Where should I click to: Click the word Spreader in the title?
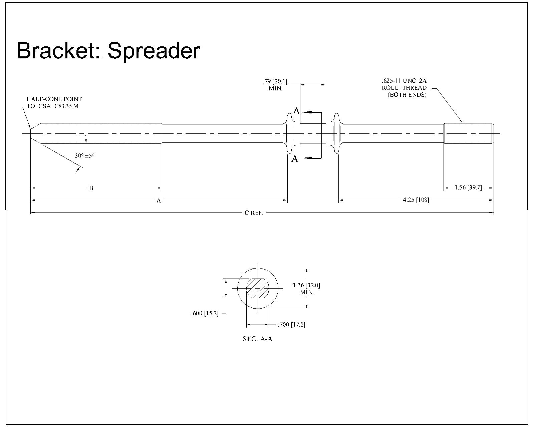point(154,51)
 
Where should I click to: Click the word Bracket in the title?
point(58,51)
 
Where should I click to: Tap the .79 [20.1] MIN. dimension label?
point(275,85)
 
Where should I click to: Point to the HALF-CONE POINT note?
point(54,99)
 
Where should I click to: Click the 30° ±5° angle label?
point(84,155)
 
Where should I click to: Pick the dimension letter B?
point(91,188)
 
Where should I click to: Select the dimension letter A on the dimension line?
point(159,200)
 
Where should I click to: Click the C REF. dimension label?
point(254,212)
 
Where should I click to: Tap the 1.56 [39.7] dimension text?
point(468,188)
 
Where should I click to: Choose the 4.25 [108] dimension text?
point(416,200)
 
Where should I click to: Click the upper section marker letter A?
point(296,111)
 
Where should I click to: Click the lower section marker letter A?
point(295,159)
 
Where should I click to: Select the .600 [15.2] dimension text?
point(205,314)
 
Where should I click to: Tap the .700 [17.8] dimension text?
point(291,325)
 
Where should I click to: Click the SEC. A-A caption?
point(257,339)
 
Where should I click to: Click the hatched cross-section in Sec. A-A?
point(258,288)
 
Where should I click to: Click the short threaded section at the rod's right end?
point(468,133)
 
